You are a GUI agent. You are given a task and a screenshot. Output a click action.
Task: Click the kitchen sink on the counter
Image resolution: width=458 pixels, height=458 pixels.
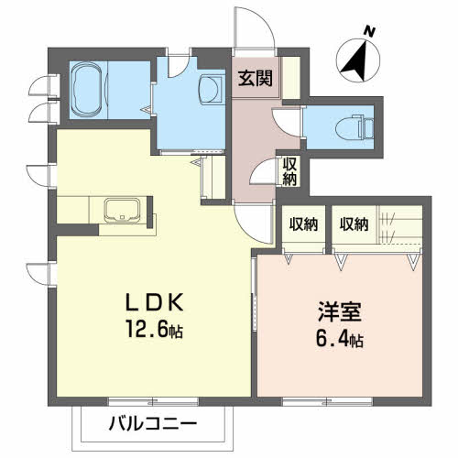tap(120, 210)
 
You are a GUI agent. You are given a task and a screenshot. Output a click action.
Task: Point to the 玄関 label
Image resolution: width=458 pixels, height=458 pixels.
tap(256, 79)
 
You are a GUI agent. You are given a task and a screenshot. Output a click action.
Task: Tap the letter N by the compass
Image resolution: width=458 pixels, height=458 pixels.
tap(370, 32)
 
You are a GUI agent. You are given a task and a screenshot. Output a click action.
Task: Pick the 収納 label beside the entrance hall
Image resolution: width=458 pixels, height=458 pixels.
tap(289, 170)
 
